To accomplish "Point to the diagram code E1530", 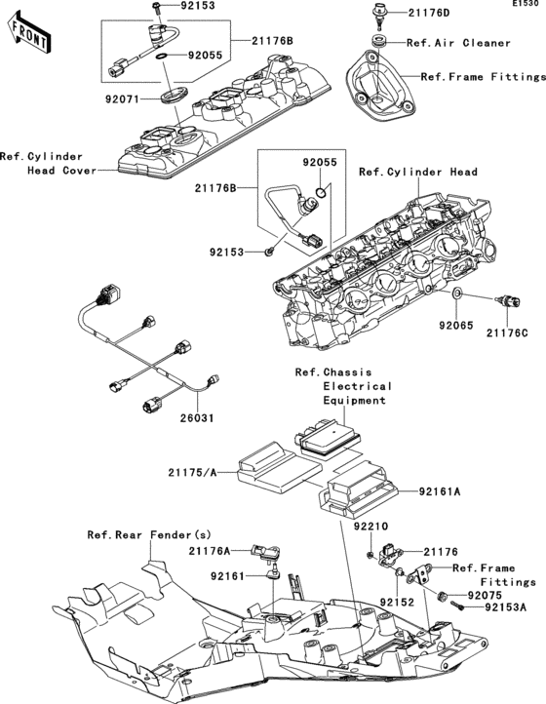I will tap(527, 5).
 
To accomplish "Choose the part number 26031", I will tap(194, 419).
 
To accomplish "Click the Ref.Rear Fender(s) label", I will tap(148, 534).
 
